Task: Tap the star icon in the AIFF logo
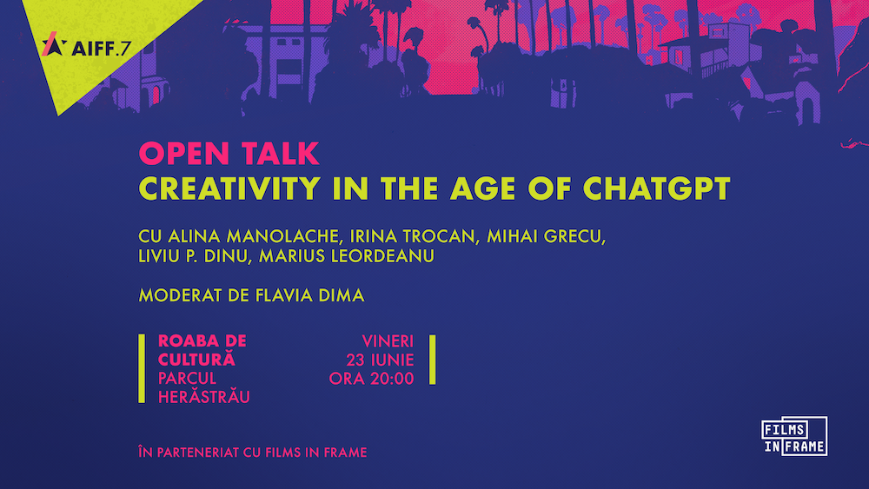pos(54,44)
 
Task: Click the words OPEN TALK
pos(229,154)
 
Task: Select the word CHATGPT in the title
pos(657,188)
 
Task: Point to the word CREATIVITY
pos(229,188)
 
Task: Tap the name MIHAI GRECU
pos(546,236)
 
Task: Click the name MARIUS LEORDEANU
pos(347,256)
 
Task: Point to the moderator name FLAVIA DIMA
pos(309,295)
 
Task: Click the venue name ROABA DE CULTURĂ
pos(202,350)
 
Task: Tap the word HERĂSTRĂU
pos(204,397)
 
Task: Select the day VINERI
pos(388,341)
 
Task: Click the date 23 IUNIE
pos(381,360)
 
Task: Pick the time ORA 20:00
pos(371,379)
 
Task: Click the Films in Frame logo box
pos(794,436)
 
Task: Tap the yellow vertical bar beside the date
pos(432,360)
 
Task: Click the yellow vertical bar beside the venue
pos(142,368)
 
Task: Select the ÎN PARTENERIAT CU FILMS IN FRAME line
pos(253,453)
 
